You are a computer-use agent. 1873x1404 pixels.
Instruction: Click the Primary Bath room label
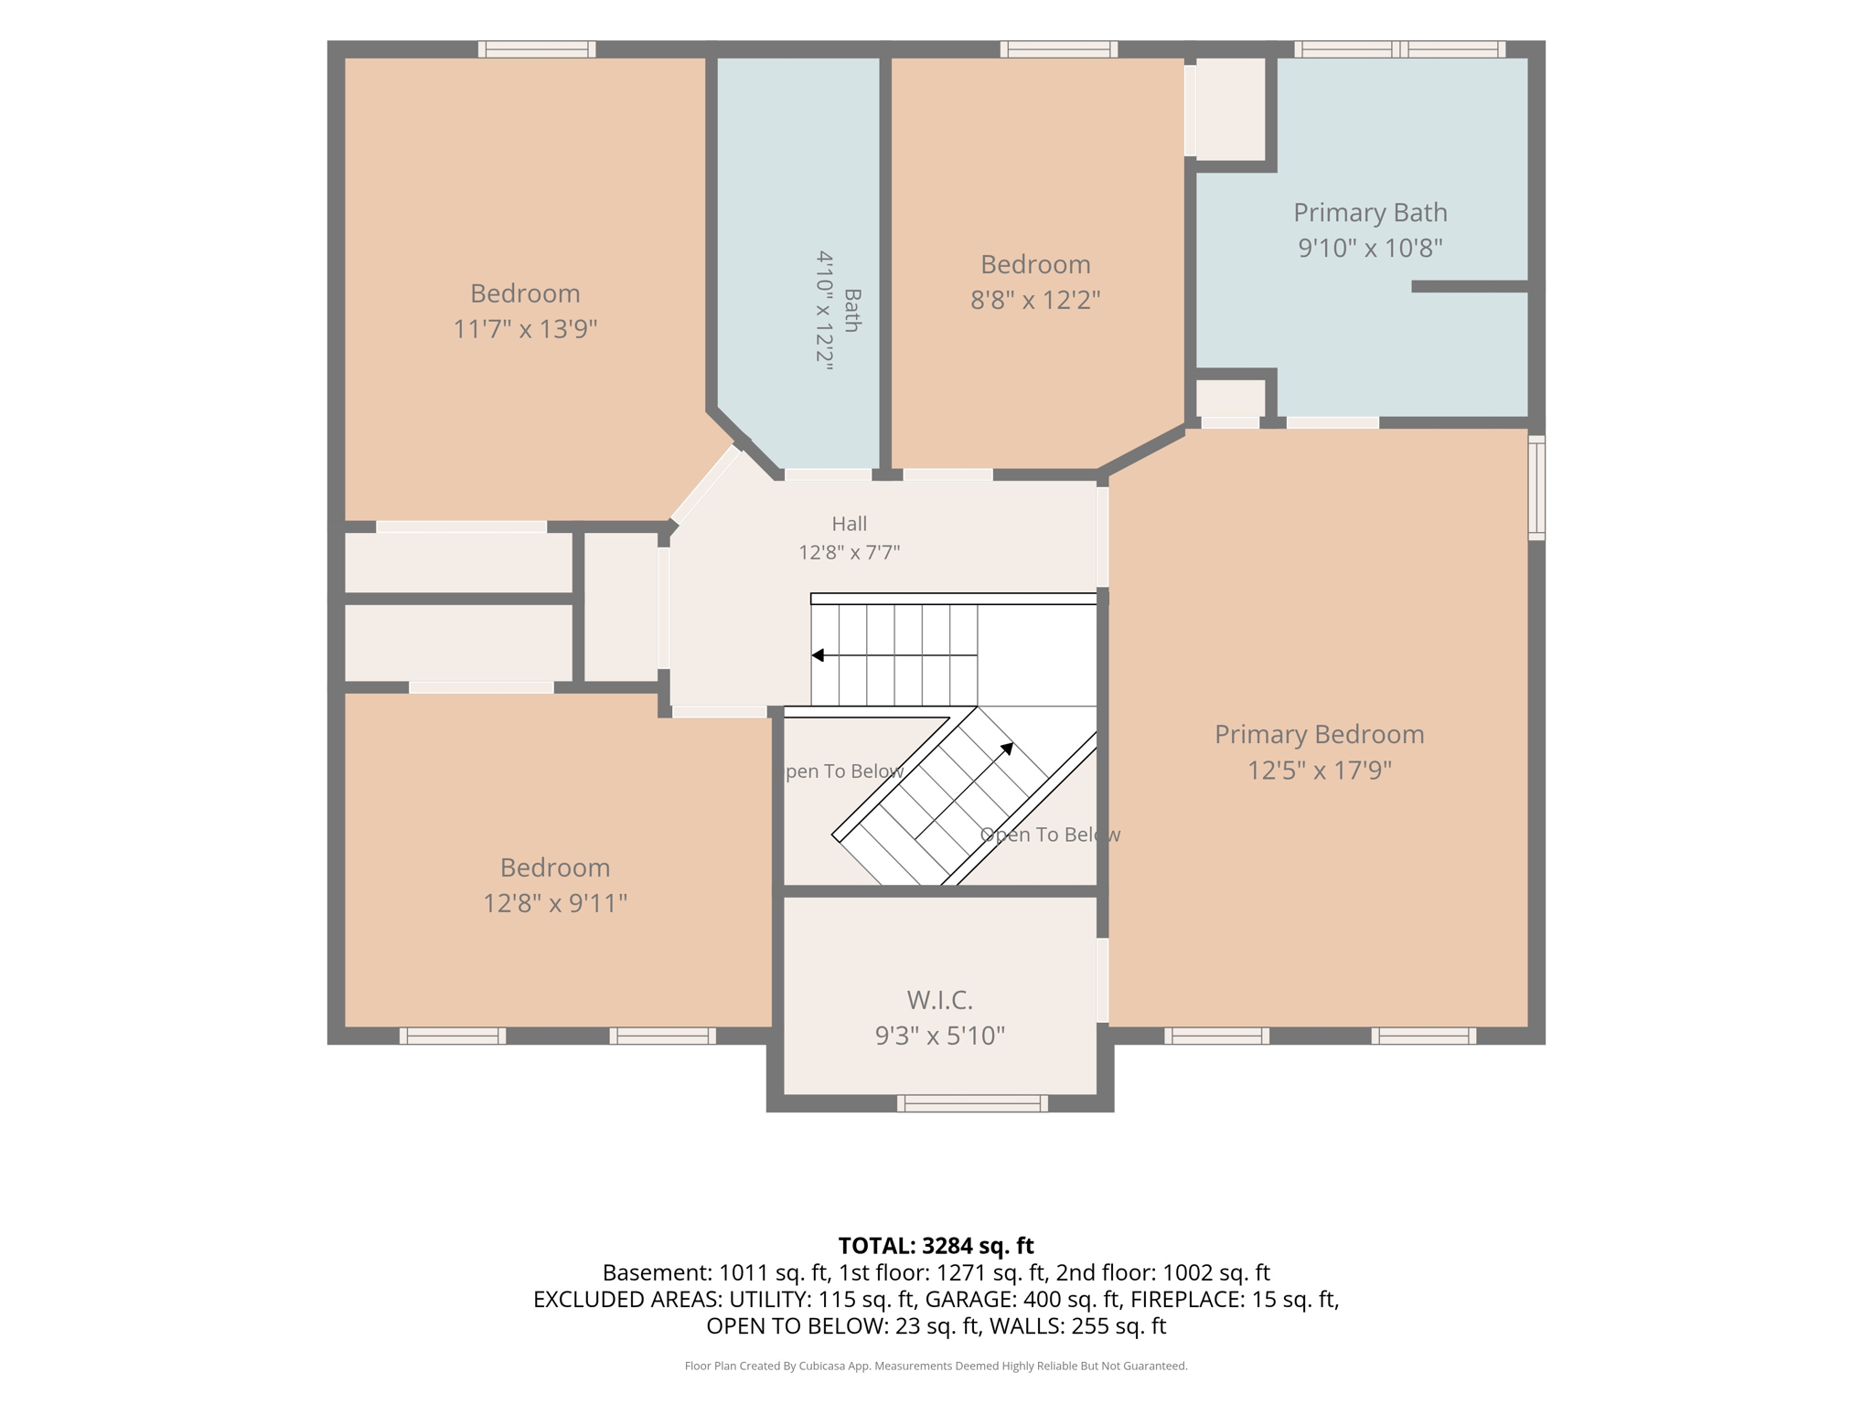coord(1370,213)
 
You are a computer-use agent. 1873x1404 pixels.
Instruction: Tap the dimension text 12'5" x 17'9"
coord(1320,771)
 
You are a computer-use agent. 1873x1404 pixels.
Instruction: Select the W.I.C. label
coord(940,1000)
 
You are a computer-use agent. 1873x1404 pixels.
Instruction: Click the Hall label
coord(850,524)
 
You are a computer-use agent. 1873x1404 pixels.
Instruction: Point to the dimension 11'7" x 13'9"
coord(526,329)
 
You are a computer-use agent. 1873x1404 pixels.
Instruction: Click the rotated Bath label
coord(852,311)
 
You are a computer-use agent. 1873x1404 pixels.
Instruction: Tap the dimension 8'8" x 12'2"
coord(1035,300)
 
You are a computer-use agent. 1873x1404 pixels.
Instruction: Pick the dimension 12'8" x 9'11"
coord(555,903)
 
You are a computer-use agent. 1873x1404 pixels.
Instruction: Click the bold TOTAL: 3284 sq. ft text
coord(936,1246)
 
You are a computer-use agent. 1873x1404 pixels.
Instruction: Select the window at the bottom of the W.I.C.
coord(972,1103)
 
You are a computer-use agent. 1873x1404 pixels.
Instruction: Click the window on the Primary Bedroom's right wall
coord(1537,487)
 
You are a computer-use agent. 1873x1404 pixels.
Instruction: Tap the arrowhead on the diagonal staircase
coord(1007,749)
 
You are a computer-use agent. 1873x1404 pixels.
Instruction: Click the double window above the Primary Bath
coord(1400,49)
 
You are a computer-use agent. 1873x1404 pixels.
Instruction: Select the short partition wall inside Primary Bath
coord(1471,287)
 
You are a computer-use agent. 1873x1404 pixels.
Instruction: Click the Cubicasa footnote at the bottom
coord(936,1367)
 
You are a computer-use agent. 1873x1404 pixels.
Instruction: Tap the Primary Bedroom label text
coord(1320,735)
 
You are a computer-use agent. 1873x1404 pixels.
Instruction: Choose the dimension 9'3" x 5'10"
coord(940,1036)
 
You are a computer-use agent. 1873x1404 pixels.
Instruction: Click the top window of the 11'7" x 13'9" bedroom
coord(537,49)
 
